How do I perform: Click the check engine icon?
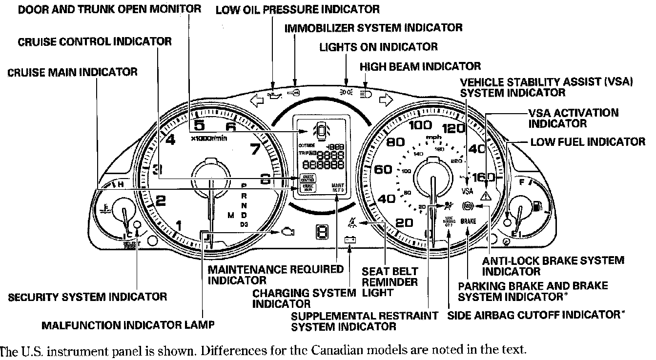coord(287,232)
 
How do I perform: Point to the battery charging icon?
coord(349,240)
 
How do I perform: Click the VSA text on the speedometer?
coord(467,190)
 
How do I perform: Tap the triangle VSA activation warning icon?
coord(485,196)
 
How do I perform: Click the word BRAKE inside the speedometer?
coord(468,221)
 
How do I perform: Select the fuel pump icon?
coord(537,206)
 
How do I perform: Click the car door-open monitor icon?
coord(320,130)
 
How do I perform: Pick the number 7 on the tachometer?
coord(255,149)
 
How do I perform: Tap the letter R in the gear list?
coord(244,196)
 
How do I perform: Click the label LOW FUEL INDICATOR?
coord(588,141)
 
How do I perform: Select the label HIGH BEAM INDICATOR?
coord(420,66)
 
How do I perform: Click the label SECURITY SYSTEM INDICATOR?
coord(88,296)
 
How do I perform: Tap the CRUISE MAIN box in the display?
coord(308,187)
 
